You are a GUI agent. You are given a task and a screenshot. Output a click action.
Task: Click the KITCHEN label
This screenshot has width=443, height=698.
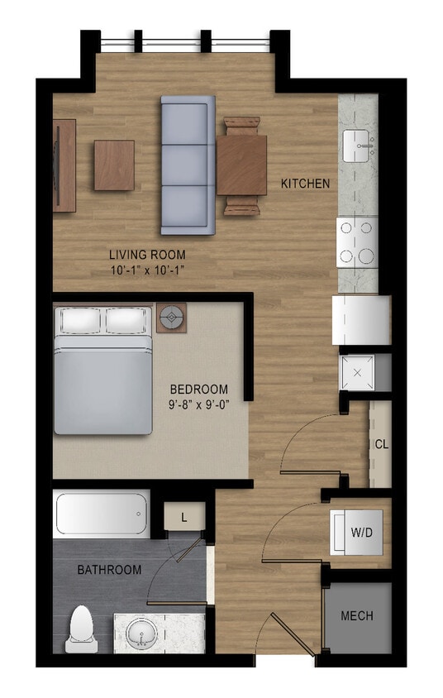pyautogui.click(x=305, y=183)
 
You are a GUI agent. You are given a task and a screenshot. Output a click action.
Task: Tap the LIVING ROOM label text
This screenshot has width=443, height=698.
pyautogui.click(x=147, y=255)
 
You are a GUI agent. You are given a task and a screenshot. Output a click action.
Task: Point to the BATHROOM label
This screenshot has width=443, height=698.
pyautogui.click(x=109, y=570)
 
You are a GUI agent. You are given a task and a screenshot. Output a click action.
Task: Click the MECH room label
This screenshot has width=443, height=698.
pyautogui.click(x=356, y=616)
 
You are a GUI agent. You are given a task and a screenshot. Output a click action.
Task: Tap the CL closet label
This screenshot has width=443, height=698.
pyautogui.click(x=381, y=444)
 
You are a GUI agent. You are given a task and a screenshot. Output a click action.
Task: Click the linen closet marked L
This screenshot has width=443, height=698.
pyautogui.click(x=183, y=519)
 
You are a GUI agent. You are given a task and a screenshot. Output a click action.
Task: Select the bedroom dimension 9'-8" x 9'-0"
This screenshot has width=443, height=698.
pyautogui.click(x=198, y=405)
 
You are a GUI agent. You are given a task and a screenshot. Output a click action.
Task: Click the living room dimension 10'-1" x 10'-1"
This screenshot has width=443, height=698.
pyautogui.click(x=147, y=270)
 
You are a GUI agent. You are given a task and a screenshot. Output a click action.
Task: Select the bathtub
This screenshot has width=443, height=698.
pyautogui.click(x=102, y=514)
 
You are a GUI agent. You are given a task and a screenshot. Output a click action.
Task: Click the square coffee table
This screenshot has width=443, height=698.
pyautogui.click(x=114, y=165)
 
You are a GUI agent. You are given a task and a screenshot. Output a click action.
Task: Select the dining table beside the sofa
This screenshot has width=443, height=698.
pyautogui.click(x=242, y=165)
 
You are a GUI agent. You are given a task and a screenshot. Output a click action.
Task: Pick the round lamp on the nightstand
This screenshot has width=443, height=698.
pyautogui.click(x=172, y=315)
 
